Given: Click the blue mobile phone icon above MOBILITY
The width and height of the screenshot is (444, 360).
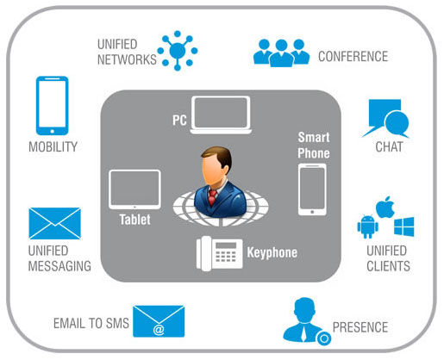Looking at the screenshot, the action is pos(52,105).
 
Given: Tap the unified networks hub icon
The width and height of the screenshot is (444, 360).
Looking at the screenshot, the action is pos(178,51).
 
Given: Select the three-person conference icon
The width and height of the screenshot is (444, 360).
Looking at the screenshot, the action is pos(281,53).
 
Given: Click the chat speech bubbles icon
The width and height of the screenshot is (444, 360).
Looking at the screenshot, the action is pos(385,118).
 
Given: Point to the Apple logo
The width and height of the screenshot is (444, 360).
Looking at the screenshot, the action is pos(385,208).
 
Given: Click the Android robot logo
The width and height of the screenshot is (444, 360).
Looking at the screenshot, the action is pos(367,227).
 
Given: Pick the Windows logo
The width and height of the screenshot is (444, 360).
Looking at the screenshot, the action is pos(404,227).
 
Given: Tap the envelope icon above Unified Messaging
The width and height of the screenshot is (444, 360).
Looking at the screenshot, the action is pos(54,223).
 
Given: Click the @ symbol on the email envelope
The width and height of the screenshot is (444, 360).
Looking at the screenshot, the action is pos(159,329).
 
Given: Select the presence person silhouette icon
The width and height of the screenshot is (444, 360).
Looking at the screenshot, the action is pos(304,320).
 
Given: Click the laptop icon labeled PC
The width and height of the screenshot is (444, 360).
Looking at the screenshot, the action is pos(221,115).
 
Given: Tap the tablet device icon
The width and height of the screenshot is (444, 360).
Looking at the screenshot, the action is pos(134,189).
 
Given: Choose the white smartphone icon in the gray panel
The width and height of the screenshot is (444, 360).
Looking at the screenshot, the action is pos(312,189).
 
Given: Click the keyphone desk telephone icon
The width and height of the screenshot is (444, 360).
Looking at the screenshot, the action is pos(219,253).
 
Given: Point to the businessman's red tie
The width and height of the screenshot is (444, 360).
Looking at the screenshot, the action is pos(212,197).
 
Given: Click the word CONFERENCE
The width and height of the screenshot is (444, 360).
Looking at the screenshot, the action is pos(353,56).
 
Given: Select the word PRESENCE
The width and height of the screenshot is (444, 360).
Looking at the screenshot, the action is pos(360,327).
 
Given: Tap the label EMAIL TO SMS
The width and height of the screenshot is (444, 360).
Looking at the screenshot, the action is pos(91,323).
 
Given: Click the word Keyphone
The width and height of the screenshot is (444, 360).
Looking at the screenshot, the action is pos(272,252).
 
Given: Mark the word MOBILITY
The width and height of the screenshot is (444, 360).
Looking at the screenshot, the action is pos(53,146).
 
